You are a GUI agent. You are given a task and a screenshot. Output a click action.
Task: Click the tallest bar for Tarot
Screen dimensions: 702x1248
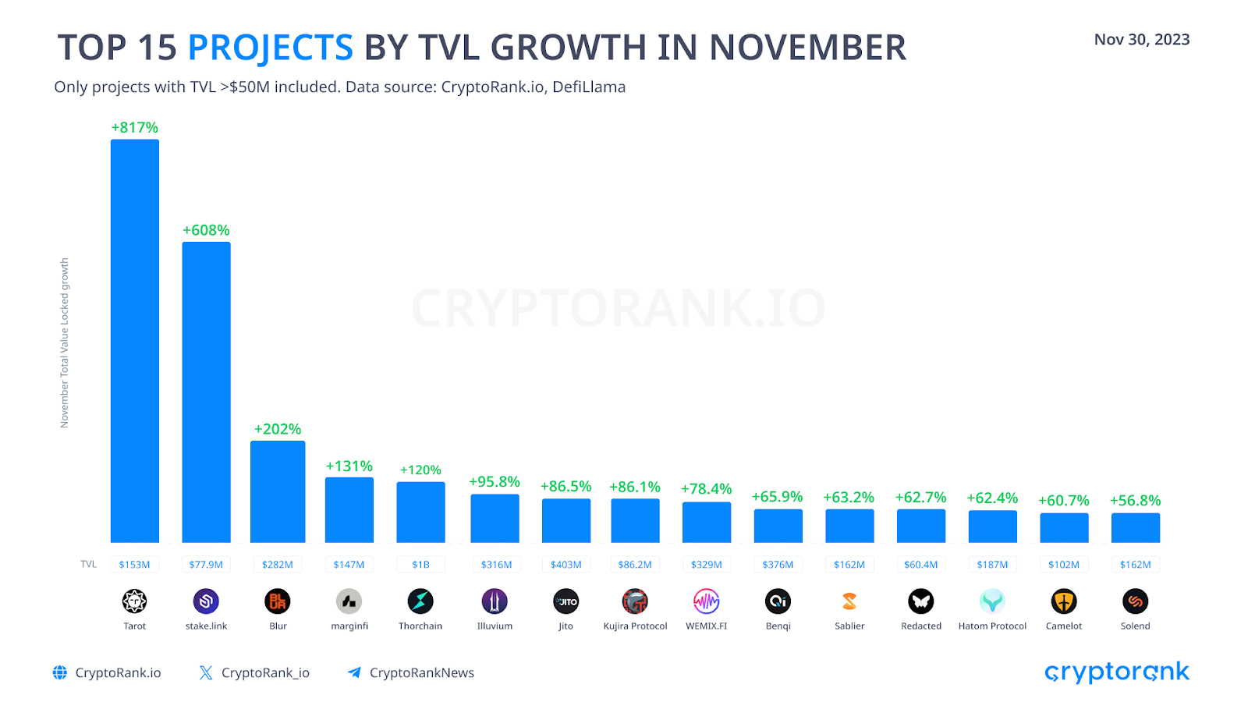(x=134, y=341)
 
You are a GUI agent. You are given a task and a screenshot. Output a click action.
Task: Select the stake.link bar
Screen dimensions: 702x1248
(x=206, y=392)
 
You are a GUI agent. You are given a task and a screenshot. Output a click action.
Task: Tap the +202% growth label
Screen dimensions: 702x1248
(x=278, y=429)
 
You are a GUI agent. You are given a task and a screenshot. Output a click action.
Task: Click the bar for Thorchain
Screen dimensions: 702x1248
(x=420, y=512)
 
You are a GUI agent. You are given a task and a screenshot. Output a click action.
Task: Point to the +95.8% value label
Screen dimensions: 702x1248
(x=495, y=482)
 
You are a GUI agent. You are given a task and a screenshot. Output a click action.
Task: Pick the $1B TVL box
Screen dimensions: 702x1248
(x=420, y=565)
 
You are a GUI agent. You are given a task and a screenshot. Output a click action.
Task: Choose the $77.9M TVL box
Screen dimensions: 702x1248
(x=206, y=565)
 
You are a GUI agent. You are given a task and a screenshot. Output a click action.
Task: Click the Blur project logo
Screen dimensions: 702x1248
(x=278, y=601)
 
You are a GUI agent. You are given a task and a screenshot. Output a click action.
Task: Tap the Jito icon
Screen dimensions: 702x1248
(x=565, y=601)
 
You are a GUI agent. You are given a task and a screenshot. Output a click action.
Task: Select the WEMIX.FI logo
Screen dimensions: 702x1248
(x=706, y=601)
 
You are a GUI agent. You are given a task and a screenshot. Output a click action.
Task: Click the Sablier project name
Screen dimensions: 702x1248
(x=849, y=626)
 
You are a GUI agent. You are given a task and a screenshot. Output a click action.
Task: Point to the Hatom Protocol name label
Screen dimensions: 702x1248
(x=992, y=626)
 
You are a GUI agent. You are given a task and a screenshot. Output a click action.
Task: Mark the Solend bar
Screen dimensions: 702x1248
(x=1135, y=528)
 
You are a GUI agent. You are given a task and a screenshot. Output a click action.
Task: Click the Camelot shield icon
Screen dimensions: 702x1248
(x=1064, y=601)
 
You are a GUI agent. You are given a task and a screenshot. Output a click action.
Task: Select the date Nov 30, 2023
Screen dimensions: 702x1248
(x=1141, y=40)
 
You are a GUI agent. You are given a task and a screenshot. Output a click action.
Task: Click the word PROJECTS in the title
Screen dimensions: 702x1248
(x=271, y=48)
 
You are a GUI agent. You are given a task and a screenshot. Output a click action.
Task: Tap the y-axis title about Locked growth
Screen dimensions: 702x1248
(x=65, y=343)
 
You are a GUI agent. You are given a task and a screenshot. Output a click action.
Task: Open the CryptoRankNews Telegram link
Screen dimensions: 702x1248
(x=421, y=673)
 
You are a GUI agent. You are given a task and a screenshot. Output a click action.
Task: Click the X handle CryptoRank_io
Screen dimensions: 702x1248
(x=265, y=673)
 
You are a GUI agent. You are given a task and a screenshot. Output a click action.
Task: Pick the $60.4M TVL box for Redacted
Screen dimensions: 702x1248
(x=921, y=565)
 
